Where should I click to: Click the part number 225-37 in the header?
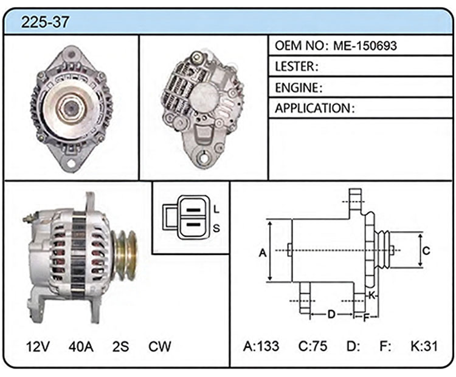pyautogui.click(x=45, y=22)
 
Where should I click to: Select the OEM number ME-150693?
pyautogui.click(x=365, y=46)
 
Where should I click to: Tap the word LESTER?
pyautogui.click(x=295, y=67)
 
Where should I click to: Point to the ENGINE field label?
pyautogui.click(x=297, y=87)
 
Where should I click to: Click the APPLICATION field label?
pyautogui.click(x=313, y=108)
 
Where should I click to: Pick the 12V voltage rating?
pyautogui.click(x=38, y=347)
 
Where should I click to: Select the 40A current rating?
pyautogui.click(x=81, y=347)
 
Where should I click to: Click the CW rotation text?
pyautogui.click(x=160, y=347)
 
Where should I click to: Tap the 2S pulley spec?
pyautogui.click(x=121, y=347)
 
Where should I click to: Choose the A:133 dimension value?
pyautogui.click(x=261, y=346)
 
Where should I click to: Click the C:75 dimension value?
pyautogui.click(x=313, y=346)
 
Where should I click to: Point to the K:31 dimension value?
pyautogui.click(x=424, y=346)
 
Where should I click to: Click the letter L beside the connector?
pyautogui.click(x=216, y=209)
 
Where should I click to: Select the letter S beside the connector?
pyautogui.click(x=216, y=228)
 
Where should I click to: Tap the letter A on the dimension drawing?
pyautogui.click(x=263, y=253)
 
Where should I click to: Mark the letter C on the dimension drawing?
pyautogui.click(x=426, y=250)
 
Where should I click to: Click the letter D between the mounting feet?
pyautogui.click(x=331, y=314)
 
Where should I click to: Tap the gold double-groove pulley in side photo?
pyautogui.click(x=125, y=255)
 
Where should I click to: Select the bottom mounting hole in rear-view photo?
pyautogui.click(x=202, y=157)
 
